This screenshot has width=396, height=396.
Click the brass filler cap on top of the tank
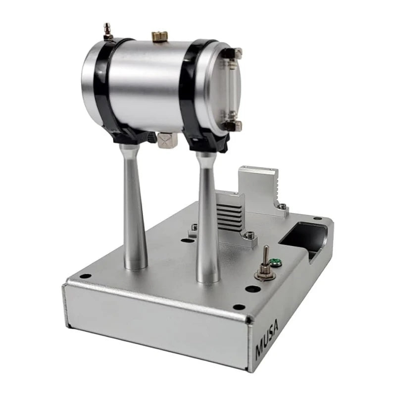159,36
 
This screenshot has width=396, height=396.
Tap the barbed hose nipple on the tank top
108,32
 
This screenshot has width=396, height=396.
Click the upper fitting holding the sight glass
232,53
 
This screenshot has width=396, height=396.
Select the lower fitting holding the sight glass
232,124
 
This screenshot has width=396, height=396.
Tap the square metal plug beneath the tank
167,141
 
